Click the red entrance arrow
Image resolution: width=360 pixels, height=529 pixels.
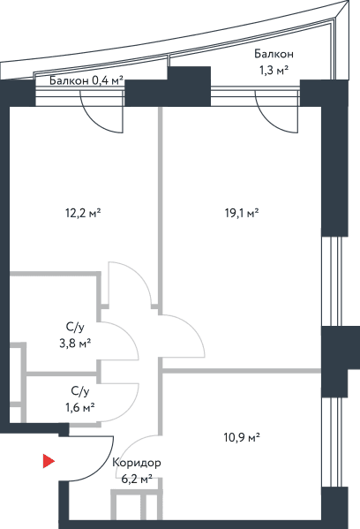click(x=49, y=461)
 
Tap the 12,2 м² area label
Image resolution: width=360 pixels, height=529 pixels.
click(x=83, y=213)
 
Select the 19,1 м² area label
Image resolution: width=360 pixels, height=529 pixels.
click(x=242, y=213)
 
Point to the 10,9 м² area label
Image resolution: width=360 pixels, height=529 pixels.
click(x=242, y=438)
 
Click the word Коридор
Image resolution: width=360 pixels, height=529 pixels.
click(x=137, y=463)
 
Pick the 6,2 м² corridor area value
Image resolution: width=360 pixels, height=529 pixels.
click(x=137, y=479)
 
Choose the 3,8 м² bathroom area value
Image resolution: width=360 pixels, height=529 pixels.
click(x=75, y=344)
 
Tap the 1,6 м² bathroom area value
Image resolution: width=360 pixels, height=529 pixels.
click(x=80, y=407)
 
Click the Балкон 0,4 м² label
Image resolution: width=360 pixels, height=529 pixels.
click(x=86, y=80)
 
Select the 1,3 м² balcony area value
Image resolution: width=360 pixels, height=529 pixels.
click(x=274, y=71)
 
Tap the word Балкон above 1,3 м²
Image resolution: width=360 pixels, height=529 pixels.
click(x=274, y=54)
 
